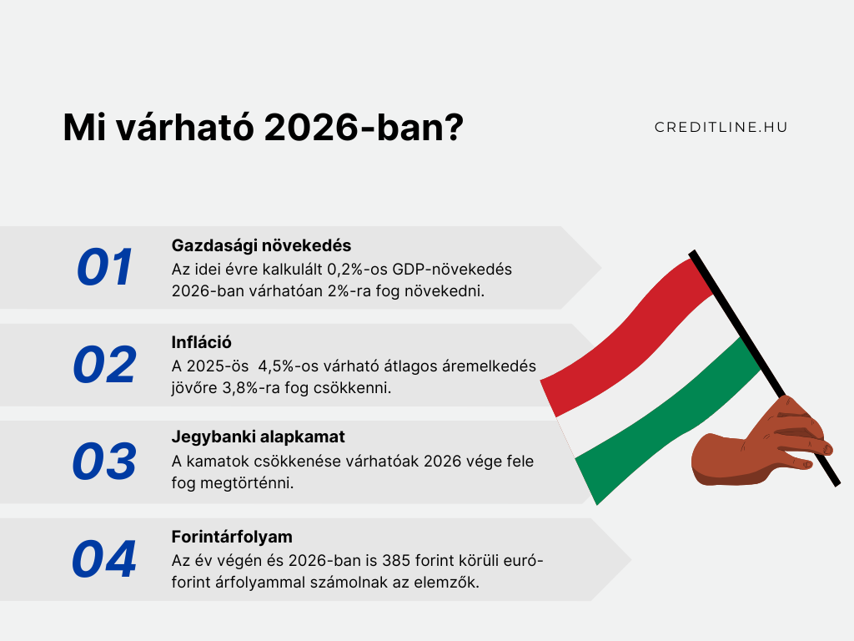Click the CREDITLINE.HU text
721,127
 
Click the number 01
104,267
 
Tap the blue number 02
104,365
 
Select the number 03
104,461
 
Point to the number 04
104,558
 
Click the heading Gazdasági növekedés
261,246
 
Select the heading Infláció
202,342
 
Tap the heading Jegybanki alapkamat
259,437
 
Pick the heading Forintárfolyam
232,537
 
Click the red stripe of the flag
626,338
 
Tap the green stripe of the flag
667,420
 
